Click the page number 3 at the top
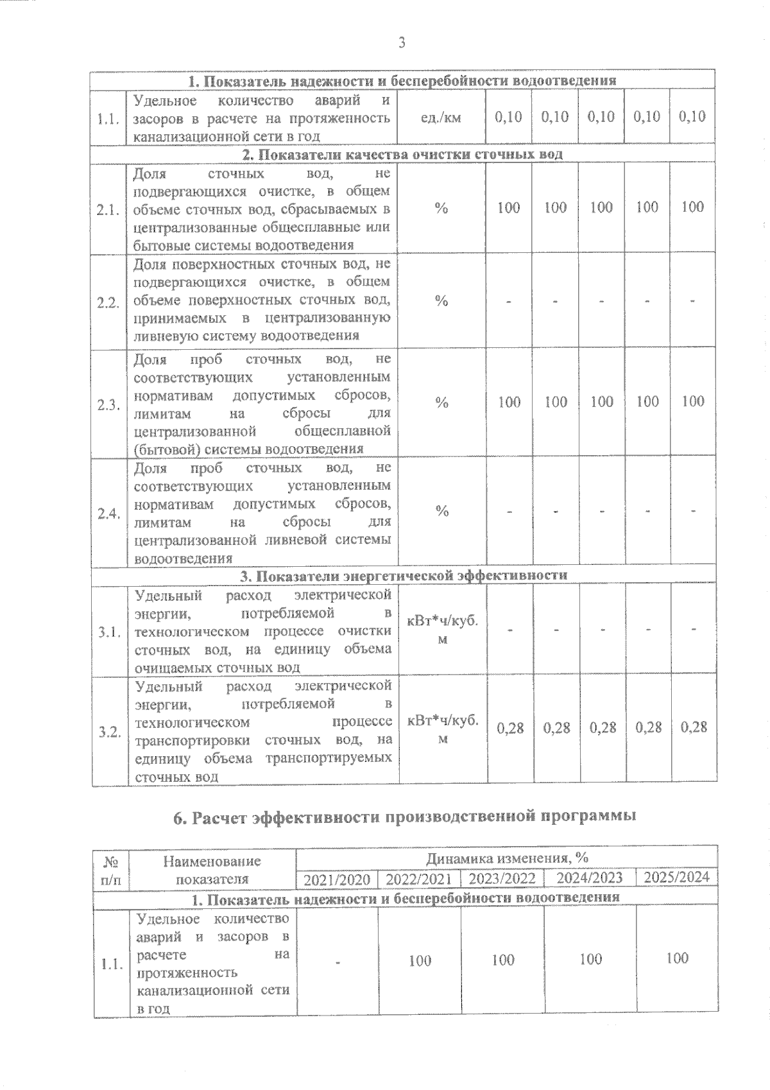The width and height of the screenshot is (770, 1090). point(402,44)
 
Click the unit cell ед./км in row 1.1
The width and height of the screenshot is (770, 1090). point(441,118)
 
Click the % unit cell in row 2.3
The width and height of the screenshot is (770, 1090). point(441,403)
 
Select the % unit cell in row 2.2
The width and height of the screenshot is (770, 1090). point(441,302)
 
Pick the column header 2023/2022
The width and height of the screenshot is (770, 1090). point(502,879)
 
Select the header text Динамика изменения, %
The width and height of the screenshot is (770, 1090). point(507,858)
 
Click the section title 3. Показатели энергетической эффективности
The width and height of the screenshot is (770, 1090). point(403,575)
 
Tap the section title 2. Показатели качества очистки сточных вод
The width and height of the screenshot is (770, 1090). point(402,155)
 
